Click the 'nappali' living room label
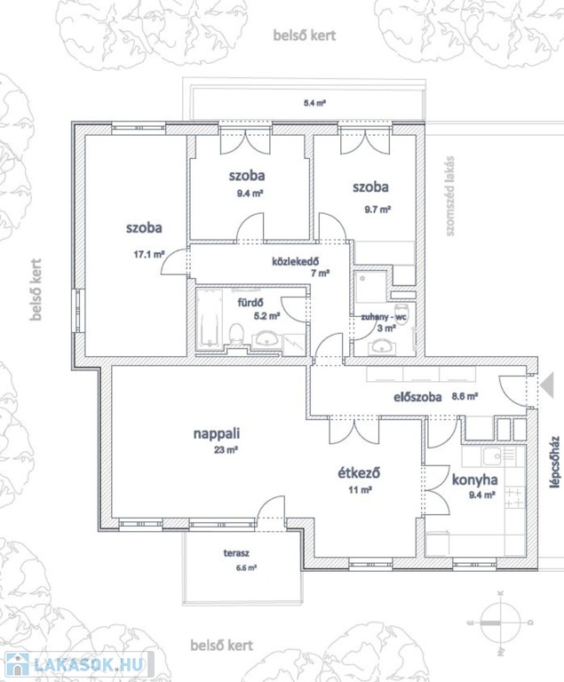[x=217, y=433]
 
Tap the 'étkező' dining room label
[x=360, y=472]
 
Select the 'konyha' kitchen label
[x=475, y=480]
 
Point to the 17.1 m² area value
[x=149, y=255]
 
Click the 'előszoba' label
[x=417, y=397]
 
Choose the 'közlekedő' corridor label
[x=296, y=261]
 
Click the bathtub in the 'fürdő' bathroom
[x=209, y=318]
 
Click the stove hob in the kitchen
[x=514, y=498]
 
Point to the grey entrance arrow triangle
[x=547, y=385]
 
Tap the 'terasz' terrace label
[x=236, y=553]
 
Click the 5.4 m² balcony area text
[x=314, y=104]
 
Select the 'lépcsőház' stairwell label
[x=554, y=462]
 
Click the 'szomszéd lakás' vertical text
[x=450, y=196]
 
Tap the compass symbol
[x=500, y=622]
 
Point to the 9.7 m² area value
[x=377, y=210]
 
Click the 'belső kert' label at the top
[x=305, y=36]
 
